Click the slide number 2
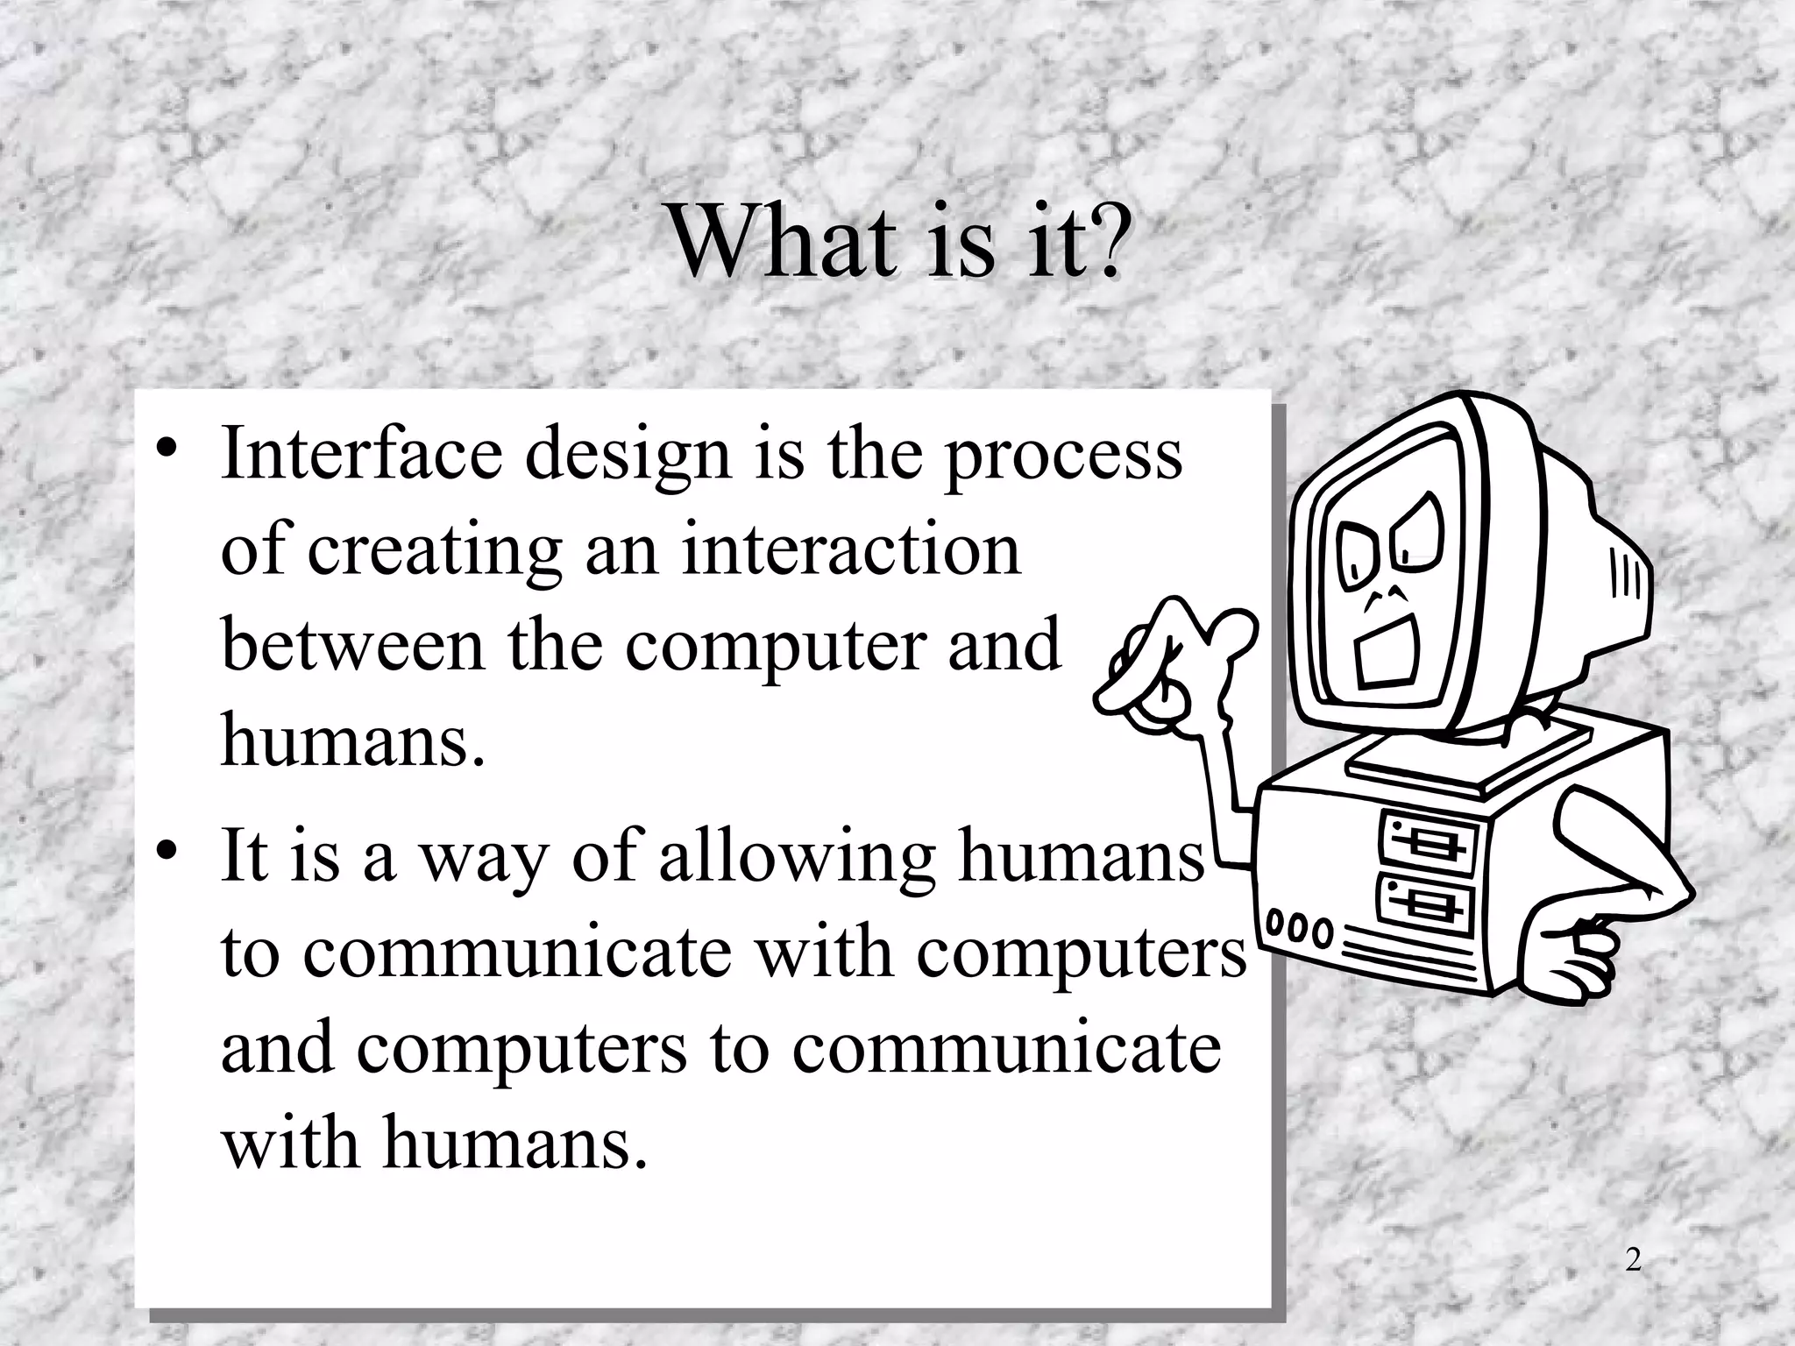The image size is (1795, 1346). [1632, 1260]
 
